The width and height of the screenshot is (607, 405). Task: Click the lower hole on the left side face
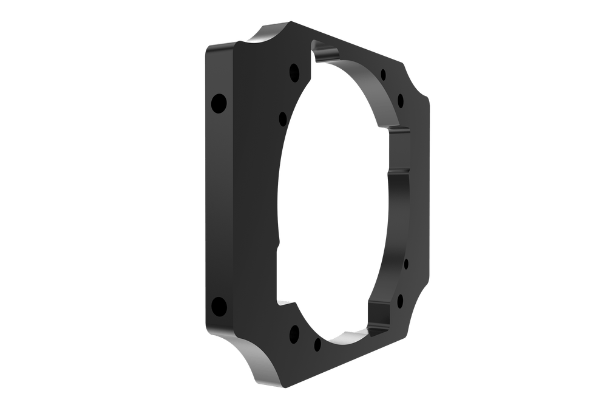[219, 305]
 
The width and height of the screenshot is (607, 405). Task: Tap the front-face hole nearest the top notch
[294, 72]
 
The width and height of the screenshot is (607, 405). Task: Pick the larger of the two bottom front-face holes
[295, 332]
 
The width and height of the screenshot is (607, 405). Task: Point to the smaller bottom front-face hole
[317, 344]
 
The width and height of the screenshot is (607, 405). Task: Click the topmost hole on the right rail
[384, 75]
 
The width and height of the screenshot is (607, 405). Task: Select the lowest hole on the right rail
[401, 299]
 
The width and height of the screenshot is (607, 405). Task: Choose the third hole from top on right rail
[406, 264]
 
